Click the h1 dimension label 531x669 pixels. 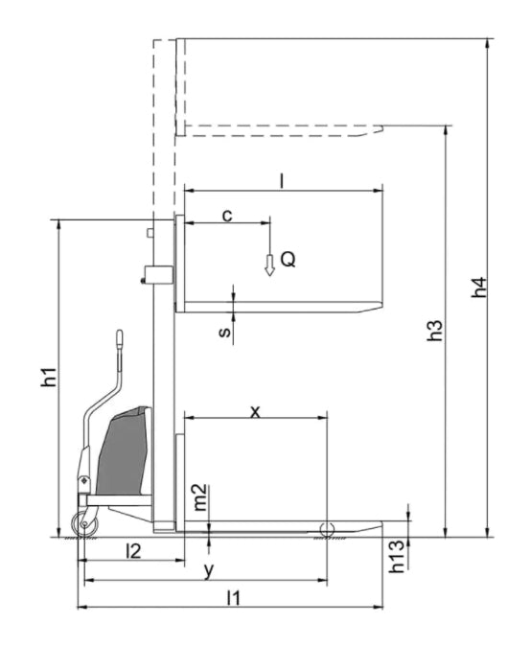pos(49,377)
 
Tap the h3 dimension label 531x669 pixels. pos(435,331)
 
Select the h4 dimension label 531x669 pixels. pos(478,288)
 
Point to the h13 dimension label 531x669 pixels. pos(396,556)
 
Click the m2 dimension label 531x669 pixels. pos(200,497)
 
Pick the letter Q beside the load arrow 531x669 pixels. pos(289,259)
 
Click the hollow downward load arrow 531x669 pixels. pos(269,265)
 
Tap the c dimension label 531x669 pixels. pos(228,216)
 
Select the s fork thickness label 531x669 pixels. pos(225,332)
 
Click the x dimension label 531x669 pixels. pos(255,412)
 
